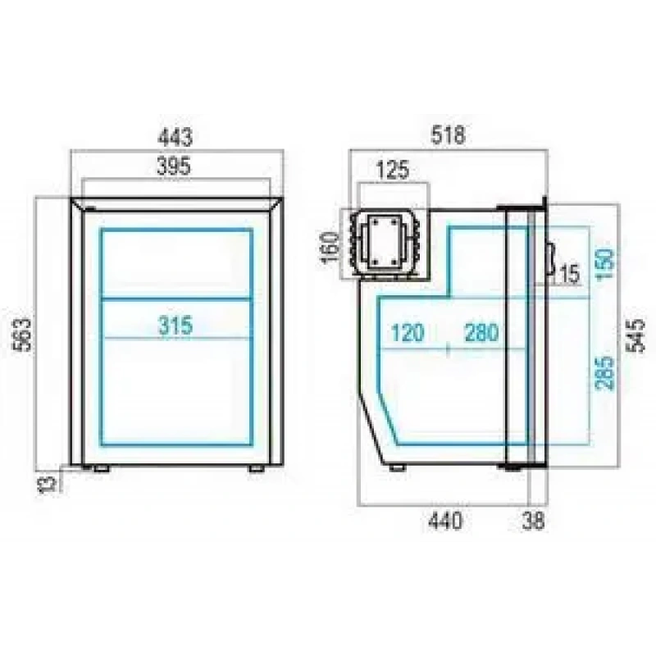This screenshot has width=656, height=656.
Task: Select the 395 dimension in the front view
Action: (173, 166)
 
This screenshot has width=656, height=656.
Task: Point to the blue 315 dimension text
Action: (175, 325)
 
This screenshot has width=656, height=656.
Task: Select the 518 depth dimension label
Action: (448, 136)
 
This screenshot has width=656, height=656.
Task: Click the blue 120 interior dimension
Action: (407, 333)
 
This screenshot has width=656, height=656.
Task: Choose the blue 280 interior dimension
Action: (482, 333)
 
